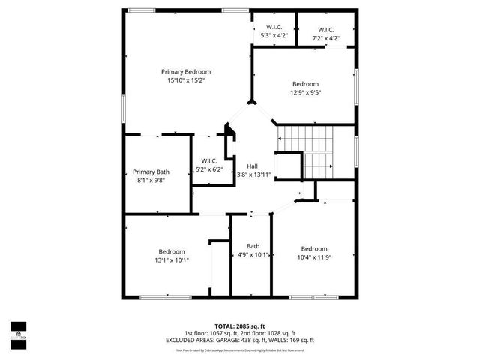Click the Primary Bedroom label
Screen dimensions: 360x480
187,71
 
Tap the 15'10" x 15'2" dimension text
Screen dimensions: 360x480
187,80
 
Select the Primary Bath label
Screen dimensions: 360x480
151,172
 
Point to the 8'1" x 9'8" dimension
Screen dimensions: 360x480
151,181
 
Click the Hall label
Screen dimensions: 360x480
253,166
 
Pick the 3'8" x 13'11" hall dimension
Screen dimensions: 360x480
253,175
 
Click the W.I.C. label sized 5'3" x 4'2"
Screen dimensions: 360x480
273,28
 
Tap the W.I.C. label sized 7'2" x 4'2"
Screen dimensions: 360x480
325,28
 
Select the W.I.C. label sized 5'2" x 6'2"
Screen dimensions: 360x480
209,160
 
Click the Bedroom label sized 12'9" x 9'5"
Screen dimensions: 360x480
305,83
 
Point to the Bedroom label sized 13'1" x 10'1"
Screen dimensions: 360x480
172,251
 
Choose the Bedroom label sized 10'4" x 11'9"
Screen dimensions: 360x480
314,248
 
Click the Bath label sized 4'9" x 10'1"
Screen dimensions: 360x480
253,245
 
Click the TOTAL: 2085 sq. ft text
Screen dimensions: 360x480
239,326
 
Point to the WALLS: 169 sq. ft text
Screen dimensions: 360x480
291,340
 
